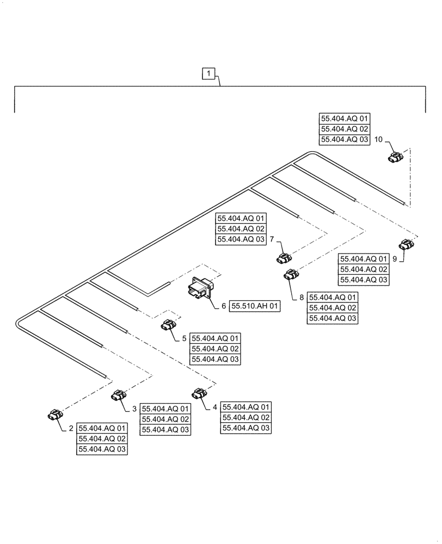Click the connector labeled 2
coord(54,416)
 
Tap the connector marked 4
coord(200,392)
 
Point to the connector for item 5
coord(168,325)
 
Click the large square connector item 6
coord(199,289)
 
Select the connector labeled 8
coord(291,275)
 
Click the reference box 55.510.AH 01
coord(255,307)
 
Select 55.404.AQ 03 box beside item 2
coord(102,449)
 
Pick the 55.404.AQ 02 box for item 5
coord(215,349)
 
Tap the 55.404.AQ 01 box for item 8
coord(333,298)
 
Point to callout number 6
coord(223,307)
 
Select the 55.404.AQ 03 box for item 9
coord(364,279)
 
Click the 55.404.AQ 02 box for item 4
coord(246,417)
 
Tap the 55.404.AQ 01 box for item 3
coord(166,409)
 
